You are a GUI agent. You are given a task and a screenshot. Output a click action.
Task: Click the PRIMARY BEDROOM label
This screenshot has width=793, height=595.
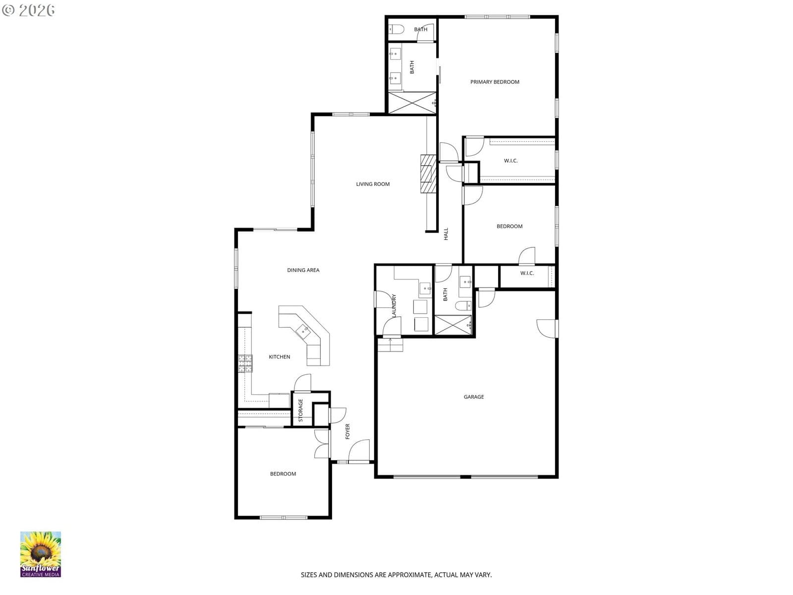(495, 82)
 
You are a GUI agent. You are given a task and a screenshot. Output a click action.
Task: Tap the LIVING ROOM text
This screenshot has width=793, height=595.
(373, 184)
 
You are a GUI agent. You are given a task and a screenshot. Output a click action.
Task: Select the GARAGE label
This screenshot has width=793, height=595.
(474, 397)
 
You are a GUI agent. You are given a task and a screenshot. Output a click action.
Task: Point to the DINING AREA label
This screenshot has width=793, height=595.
(303, 270)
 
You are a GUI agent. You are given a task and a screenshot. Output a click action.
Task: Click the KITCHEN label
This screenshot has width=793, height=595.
(279, 357)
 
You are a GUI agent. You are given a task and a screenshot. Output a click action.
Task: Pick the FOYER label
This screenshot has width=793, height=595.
(347, 431)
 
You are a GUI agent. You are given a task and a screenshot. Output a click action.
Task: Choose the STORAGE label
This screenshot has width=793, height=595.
(300, 410)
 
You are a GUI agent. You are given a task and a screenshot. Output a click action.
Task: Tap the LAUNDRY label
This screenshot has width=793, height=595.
(394, 305)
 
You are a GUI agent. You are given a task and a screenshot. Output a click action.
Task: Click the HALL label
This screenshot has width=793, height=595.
(446, 234)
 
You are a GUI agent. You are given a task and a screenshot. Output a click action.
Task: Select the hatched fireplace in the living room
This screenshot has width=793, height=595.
(428, 174)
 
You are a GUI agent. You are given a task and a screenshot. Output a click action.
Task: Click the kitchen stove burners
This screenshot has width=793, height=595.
(245, 363)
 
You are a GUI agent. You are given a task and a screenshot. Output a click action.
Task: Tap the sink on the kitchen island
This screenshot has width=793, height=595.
(303, 331)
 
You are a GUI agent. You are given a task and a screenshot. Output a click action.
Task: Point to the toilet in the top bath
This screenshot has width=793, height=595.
(396, 29)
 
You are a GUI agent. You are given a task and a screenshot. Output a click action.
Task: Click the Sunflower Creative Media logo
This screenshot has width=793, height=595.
(41, 554)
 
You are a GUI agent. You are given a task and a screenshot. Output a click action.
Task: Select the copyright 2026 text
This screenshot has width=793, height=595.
(28, 10)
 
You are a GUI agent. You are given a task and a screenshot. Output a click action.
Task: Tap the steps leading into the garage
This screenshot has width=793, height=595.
(390, 345)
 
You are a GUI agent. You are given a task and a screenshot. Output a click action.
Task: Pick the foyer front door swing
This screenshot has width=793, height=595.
(359, 450)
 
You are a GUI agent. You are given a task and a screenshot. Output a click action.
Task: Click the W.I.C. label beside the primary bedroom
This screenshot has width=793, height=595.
(510, 161)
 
